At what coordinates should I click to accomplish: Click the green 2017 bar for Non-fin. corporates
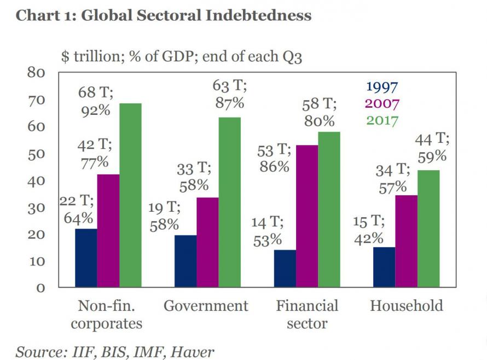tap(131, 195)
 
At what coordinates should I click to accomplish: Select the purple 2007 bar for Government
tap(207, 242)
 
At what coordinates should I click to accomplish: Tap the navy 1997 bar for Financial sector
tap(285, 268)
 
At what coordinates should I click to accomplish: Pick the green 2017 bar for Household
tap(428, 228)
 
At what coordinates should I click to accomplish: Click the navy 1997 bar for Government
tap(185, 260)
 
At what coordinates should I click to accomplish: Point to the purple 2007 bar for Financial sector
tap(307, 216)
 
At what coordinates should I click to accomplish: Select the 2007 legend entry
tap(381, 103)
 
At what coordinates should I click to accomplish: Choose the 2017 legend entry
tap(381, 120)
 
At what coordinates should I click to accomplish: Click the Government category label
tap(206, 305)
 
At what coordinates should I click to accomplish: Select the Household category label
tap(407, 305)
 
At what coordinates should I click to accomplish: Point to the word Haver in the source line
tap(192, 351)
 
